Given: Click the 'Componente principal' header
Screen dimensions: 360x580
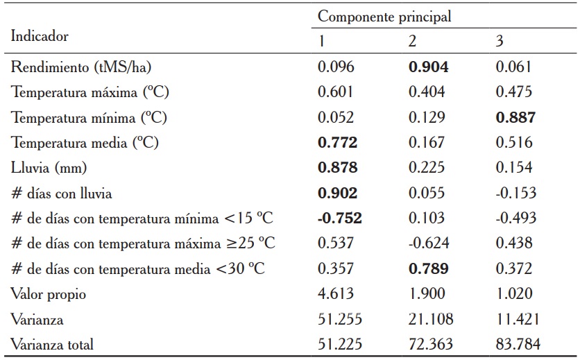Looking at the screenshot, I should point(384,17).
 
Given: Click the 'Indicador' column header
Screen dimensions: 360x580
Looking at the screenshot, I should point(39,36).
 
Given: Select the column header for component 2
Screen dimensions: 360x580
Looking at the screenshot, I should point(412,42).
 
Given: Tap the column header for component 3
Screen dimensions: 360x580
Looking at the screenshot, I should point(500,42).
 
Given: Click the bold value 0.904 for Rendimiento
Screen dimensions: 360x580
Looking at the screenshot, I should point(428,67).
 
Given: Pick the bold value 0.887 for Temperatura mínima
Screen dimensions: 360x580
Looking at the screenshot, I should point(515,118).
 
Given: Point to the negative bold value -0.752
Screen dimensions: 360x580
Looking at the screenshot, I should point(339,218).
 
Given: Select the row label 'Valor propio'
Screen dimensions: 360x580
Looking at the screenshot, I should point(48,293).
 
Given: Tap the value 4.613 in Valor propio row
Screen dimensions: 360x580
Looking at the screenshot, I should point(336,293).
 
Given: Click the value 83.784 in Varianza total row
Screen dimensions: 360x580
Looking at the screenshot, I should point(518,343).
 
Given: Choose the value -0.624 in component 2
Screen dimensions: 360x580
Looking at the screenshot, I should point(428,243).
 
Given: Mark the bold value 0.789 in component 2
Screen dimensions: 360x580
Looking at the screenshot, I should point(428,268).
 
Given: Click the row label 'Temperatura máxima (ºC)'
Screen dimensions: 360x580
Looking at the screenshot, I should point(89,92).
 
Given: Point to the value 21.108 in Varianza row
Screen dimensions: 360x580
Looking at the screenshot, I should point(431,318).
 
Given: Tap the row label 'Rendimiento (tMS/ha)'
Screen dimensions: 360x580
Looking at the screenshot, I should point(81,67).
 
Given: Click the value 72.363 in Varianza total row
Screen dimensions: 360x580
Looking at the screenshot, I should point(431,343).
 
